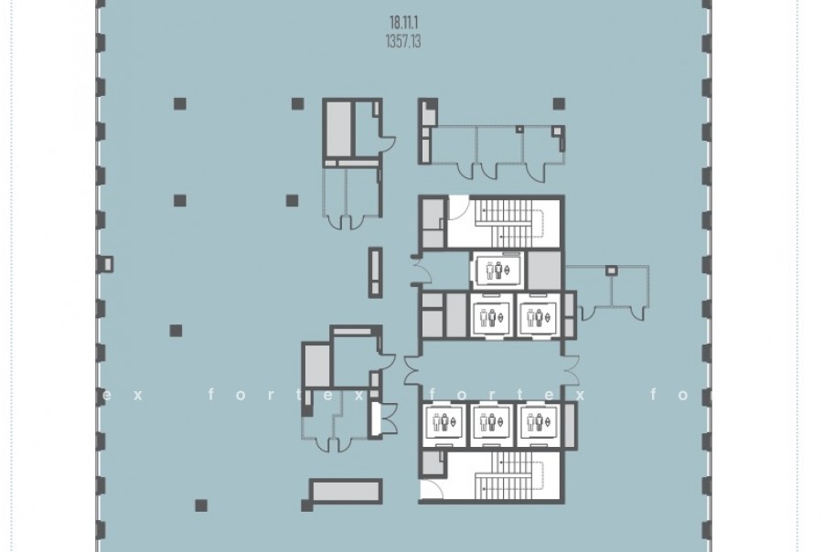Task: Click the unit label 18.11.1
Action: point(403,23)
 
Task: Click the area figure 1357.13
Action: point(403,41)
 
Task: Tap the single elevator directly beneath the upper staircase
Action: point(497,271)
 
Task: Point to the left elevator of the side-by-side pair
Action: point(491,314)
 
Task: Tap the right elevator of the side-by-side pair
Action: point(539,314)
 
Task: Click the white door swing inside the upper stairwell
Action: point(458,207)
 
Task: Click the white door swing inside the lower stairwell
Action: point(432,490)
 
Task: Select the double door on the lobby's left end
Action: point(411,369)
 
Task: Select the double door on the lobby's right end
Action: point(571,369)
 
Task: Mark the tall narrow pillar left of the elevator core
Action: point(375,272)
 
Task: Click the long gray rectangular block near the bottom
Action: point(347,491)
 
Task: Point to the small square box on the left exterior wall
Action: point(107,264)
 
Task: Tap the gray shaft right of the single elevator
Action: point(544,271)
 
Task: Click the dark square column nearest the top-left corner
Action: point(180,103)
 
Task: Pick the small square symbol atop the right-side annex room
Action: point(611,271)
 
